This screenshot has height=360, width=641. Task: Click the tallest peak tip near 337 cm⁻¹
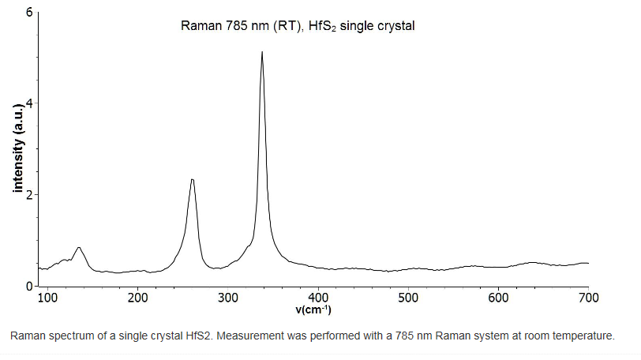[x=261, y=52]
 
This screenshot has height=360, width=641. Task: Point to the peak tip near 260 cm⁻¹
[x=192, y=180]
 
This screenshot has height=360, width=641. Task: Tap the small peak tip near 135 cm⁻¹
[x=78, y=248]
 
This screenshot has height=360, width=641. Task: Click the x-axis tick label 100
[x=47, y=298]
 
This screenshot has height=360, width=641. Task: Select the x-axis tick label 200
[x=137, y=298]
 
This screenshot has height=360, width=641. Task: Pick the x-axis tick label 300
[x=227, y=298]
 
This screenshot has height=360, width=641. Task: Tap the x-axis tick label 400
[x=318, y=298]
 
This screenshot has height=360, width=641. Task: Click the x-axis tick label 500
[x=408, y=298]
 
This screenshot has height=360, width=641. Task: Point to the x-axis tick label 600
[x=498, y=298]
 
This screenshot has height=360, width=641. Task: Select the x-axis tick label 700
[x=588, y=298]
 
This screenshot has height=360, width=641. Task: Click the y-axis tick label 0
[x=29, y=286]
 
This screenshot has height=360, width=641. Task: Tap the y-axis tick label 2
[x=29, y=194]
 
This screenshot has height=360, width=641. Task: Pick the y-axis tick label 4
[x=29, y=103]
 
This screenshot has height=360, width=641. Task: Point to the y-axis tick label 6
[x=29, y=13]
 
